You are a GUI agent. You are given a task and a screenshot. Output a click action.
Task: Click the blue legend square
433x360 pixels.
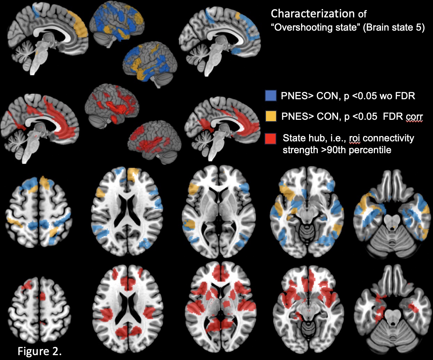tap(270, 95)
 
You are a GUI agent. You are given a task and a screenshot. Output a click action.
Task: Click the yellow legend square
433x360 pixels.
tap(270, 116)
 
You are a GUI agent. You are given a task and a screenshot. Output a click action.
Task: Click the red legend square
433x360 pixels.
tap(270, 138)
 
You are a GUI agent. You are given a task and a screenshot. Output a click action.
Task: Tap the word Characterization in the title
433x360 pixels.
tap(313, 14)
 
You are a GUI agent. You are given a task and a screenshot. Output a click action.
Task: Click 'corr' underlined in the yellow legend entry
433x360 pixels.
tap(414, 117)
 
